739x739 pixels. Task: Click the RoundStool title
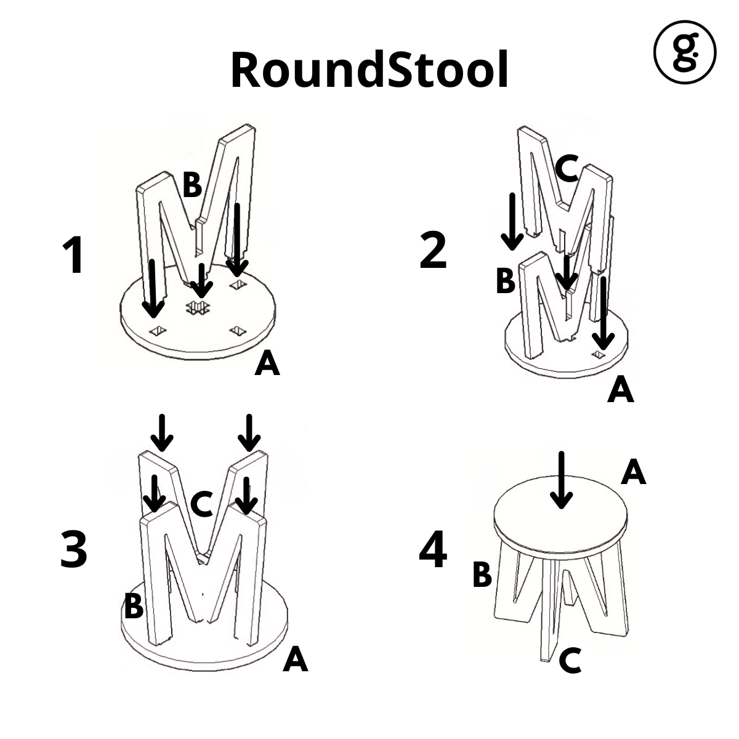(x=369, y=69)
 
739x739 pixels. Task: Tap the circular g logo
(x=684, y=52)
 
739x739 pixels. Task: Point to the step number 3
(x=74, y=549)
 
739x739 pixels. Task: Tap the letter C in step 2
(x=565, y=168)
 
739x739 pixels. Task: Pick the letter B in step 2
(x=505, y=281)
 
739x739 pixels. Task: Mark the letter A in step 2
(x=620, y=390)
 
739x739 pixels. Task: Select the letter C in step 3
(x=201, y=504)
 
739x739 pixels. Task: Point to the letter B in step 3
(x=134, y=607)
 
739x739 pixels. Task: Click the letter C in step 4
(x=570, y=662)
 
